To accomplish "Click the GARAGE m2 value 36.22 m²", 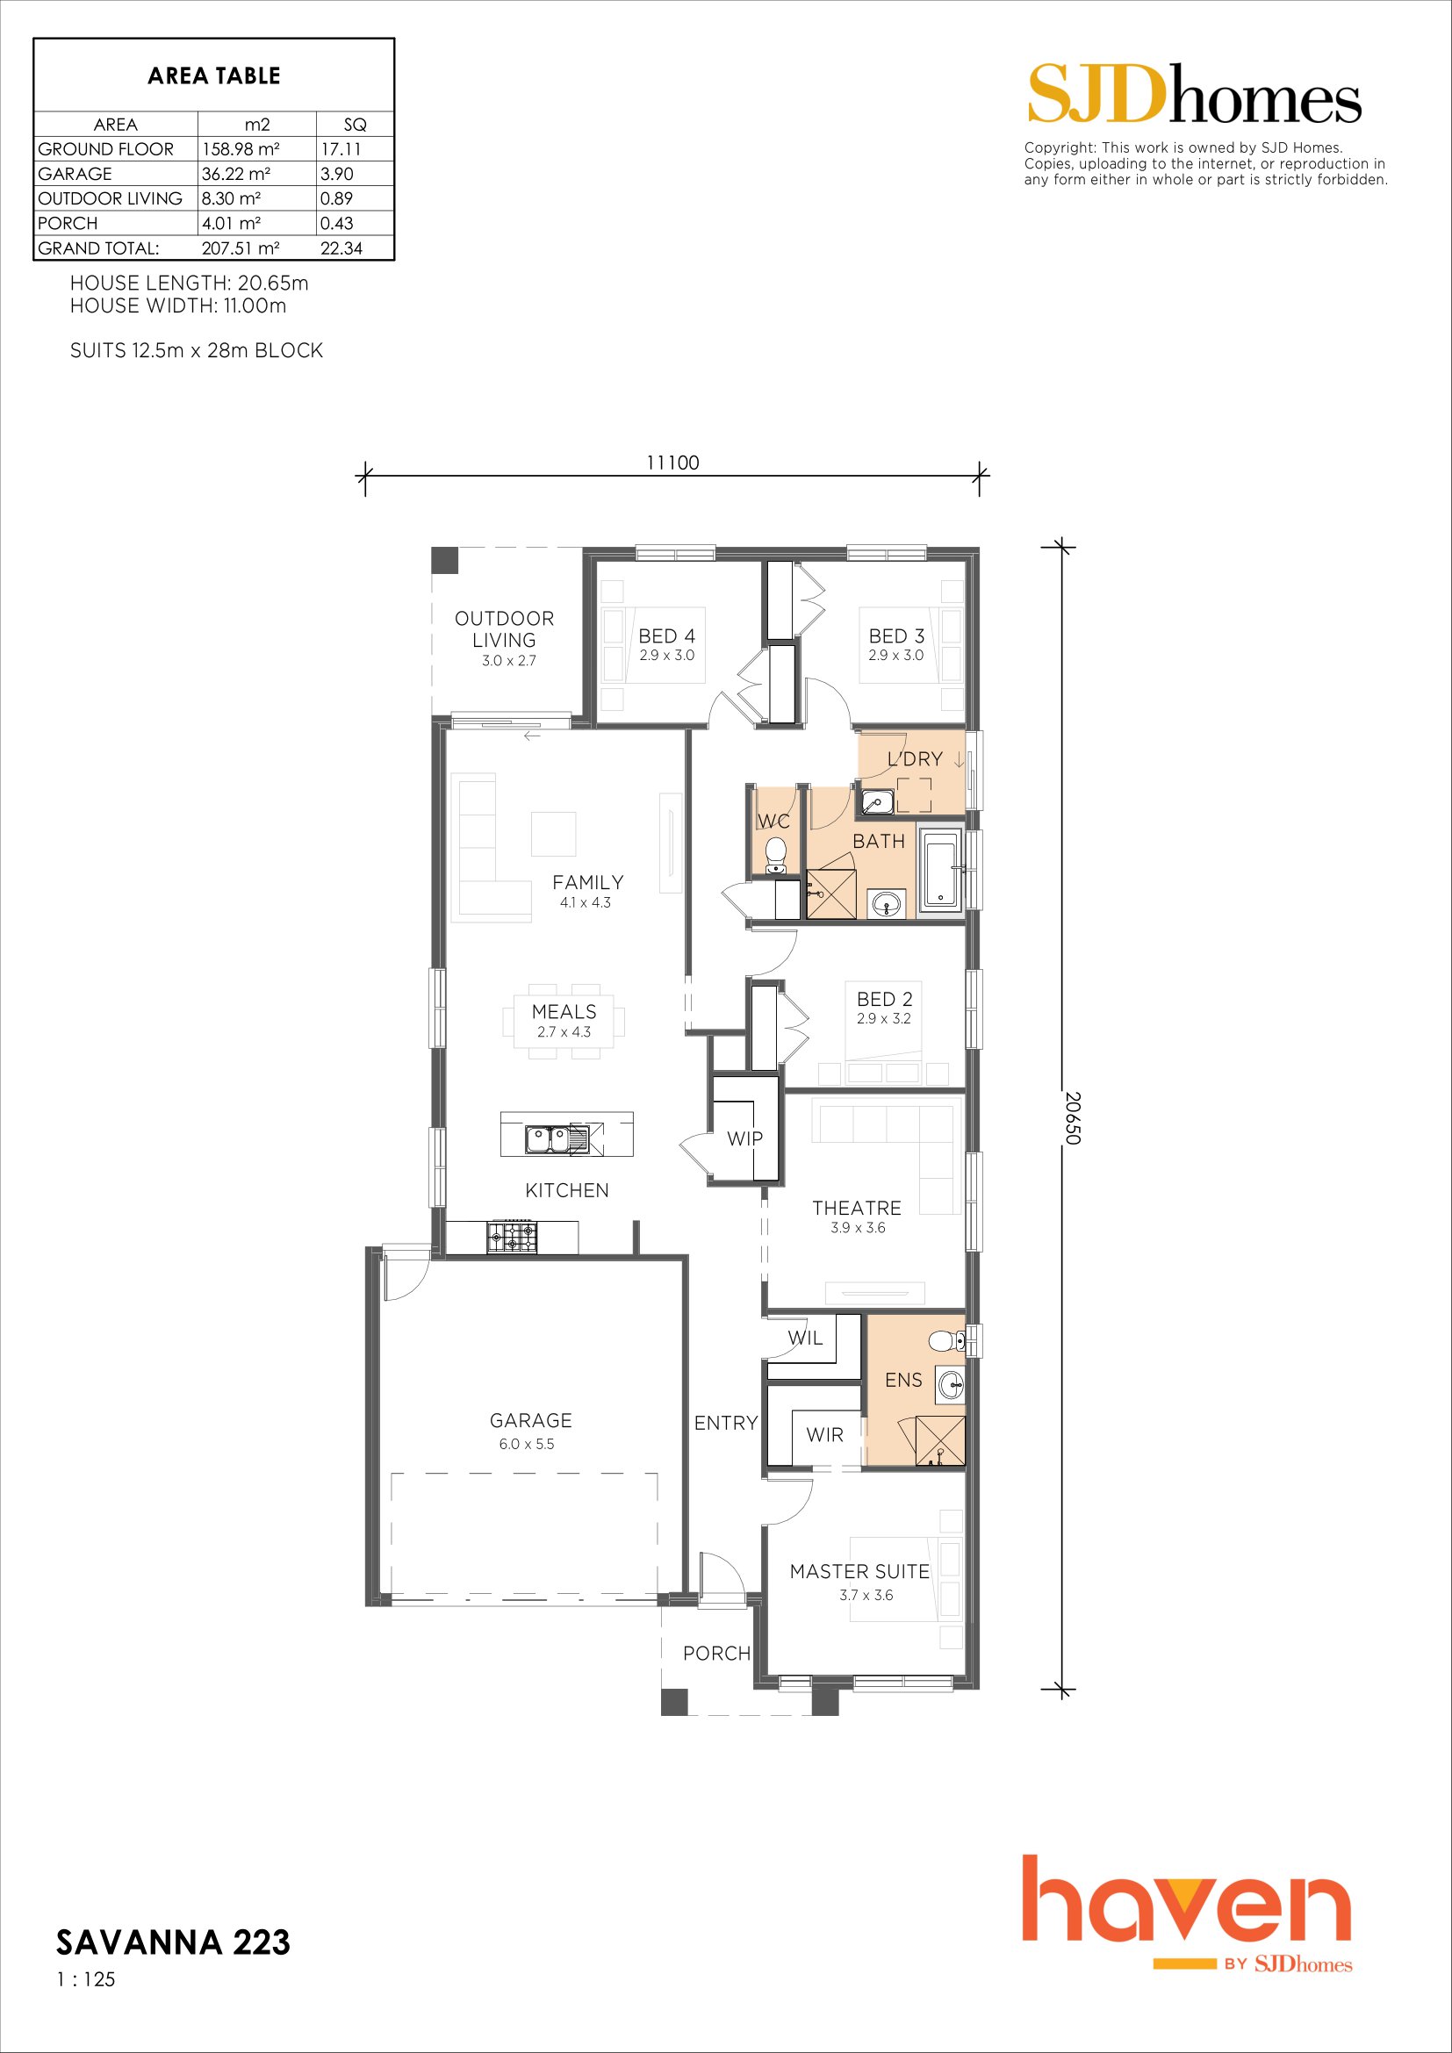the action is pos(236,174).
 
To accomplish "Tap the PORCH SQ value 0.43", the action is pos(336,224).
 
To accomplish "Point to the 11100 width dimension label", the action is pos(672,463).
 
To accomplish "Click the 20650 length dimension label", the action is pos(1074,1117).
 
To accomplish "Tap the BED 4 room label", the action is pos(666,635).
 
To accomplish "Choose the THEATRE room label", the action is pos(857,1208).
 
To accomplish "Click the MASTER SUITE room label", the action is pos(859,1571).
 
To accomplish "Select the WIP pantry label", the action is pos(744,1138).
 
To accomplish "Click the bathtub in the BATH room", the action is pos(940,869).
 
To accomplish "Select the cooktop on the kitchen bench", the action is pos(513,1237).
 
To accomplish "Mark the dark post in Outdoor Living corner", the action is pos(444,561).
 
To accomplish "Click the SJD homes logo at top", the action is pos(1195,94).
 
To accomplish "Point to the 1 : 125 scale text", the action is pos(86,1979).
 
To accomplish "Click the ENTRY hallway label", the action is pos(726,1423).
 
